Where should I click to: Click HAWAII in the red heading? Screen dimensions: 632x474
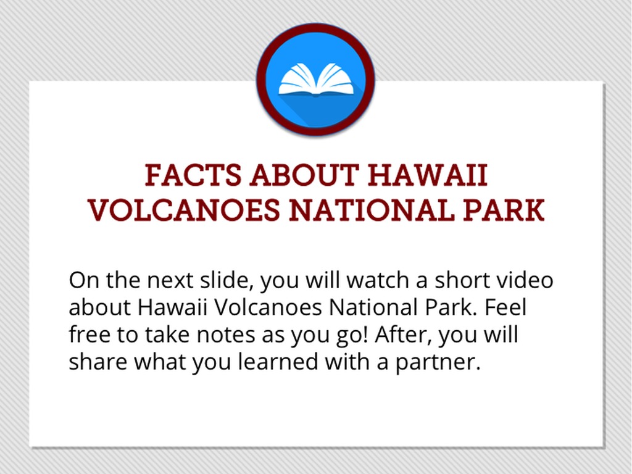coord(428,175)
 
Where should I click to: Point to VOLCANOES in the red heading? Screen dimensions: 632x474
coord(184,210)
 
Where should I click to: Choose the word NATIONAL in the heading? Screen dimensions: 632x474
coord(371,210)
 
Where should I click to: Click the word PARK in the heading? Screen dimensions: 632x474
coord(504,210)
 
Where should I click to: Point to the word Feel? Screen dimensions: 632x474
coord(505,307)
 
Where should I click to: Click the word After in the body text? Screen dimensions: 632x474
coord(404,335)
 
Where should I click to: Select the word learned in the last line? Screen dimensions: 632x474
coord(278,362)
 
